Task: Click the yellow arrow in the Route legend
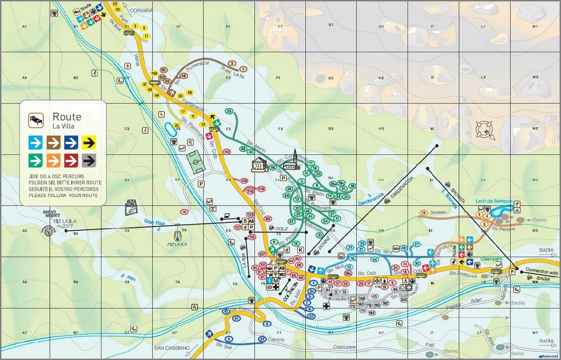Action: tap(89, 142)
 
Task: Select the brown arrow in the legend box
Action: tap(53, 142)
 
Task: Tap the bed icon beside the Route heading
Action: tap(36, 120)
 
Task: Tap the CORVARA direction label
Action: tap(141, 10)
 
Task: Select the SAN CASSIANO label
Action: tap(172, 347)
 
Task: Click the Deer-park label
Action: tap(491, 259)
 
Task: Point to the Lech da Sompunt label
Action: tap(494, 201)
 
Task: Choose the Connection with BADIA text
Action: tap(541, 272)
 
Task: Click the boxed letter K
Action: tap(301, 250)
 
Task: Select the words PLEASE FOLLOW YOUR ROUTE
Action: tap(63, 196)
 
